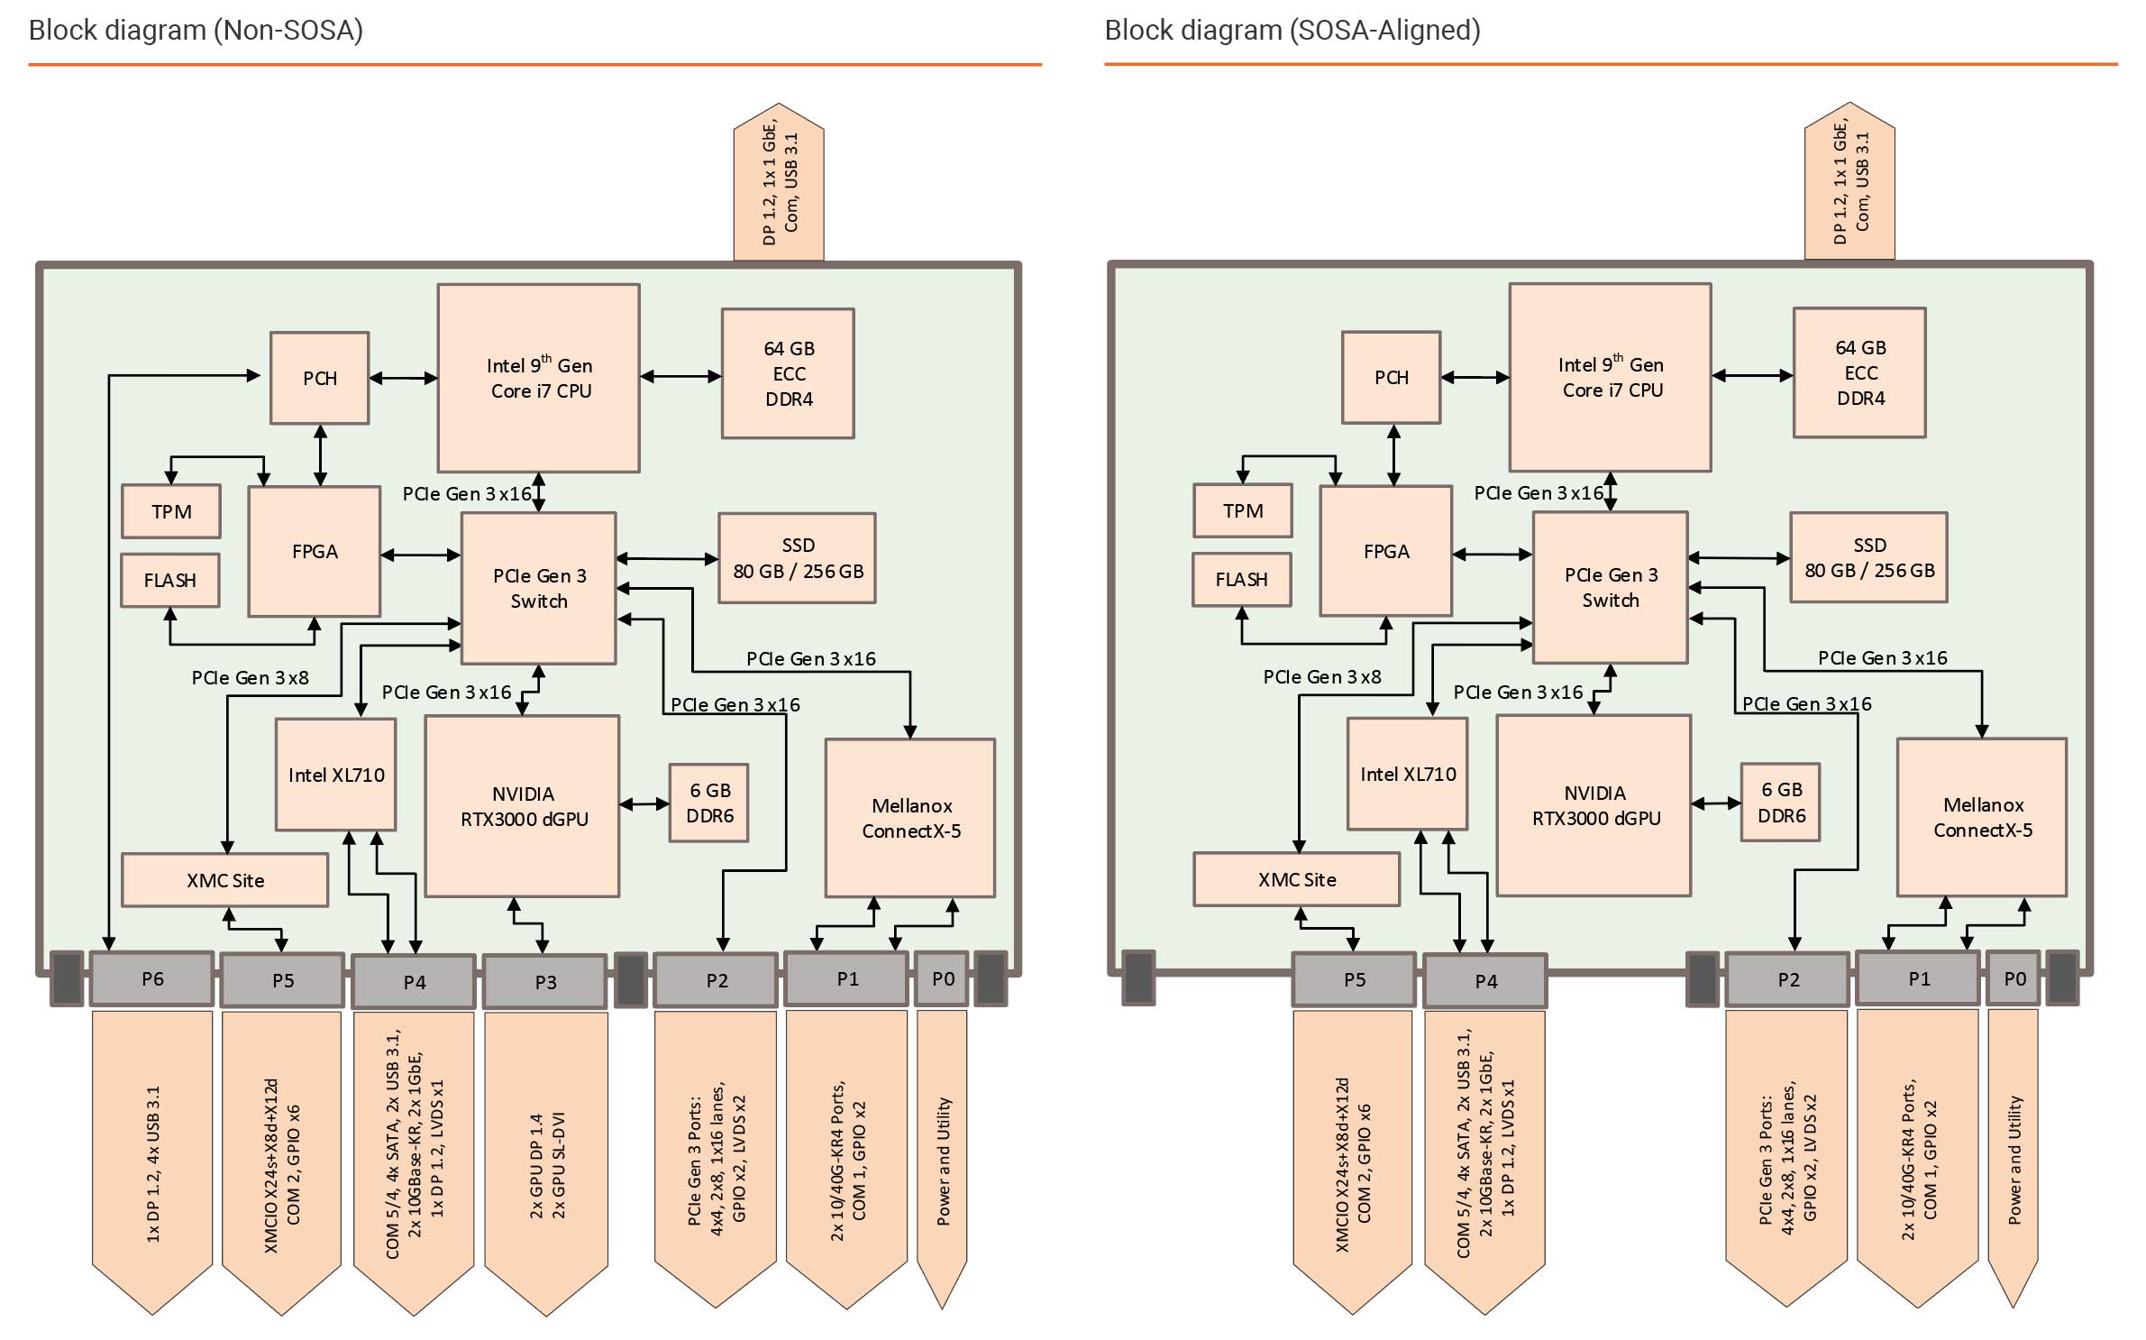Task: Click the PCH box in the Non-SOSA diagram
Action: pyautogui.click(x=319, y=378)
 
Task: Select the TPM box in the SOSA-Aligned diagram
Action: pyautogui.click(x=1242, y=510)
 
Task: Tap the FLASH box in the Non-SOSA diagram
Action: pyautogui.click(x=169, y=580)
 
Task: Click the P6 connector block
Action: pyautogui.click(x=152, y=978)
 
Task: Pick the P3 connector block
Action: pyautogui.click(x=545, y=982)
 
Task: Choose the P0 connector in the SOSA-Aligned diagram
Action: pyautogui.click(x=2014, y=978)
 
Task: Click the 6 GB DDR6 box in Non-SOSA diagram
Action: pyautogui.click(x=709, y=803)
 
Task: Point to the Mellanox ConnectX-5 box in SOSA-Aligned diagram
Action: pyautogui.click(x=1982, y=817)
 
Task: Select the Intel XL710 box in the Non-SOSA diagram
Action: pyautogui.click(x=335, y=775)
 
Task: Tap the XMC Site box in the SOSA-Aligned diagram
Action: pyautogui.click(x=1296, y=879)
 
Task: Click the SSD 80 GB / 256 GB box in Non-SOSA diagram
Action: pyautogui.click(x=797, y=558)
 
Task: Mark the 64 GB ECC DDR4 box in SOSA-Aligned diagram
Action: pyautogui.click(x=1859, y=372)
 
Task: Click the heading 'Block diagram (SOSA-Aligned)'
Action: pyautogui.click(x=1292, y=31)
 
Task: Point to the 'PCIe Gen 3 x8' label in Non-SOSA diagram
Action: pyautogui.click(x=250, y=677)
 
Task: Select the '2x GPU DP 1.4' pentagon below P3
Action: pyautogui.click(x=546, y=1163)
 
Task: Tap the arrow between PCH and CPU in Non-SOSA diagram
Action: pyautogui.click(x=403, y=378)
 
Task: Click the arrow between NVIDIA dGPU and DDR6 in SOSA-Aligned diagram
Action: pyautogui.click(x=1715, y=803)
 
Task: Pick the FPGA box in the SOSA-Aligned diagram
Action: pyautogui.click(x=1385, y=551)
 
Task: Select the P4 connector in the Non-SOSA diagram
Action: pyautogui.click(x=414, y=982)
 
